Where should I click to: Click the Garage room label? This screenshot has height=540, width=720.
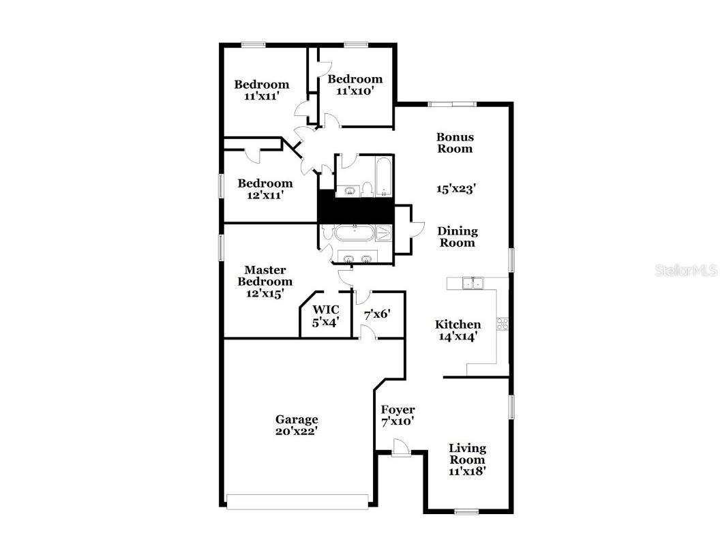(296, 419)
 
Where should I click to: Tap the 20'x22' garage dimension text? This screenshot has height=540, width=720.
(296, 431)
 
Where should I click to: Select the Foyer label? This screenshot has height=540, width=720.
(397, 410)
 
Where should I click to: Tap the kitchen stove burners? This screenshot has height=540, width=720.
(502, 324)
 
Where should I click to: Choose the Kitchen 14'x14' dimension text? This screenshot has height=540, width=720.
(457, 335)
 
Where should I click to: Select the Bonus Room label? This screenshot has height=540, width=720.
(455, 142)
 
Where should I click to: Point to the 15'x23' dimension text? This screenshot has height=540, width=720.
(455, 189)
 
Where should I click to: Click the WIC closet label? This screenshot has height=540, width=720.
(326, 310)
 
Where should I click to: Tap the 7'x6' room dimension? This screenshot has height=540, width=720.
(376, 314)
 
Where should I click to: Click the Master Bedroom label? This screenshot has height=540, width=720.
(265, 276)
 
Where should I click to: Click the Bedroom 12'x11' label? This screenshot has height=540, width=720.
(265, 188)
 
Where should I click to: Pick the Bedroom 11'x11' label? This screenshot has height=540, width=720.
(261, 90)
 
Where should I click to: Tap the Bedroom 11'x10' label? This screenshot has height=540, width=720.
(355, 84)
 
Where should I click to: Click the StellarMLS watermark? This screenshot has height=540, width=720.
(686, 271)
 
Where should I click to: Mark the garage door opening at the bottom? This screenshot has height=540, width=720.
(298, 501)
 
